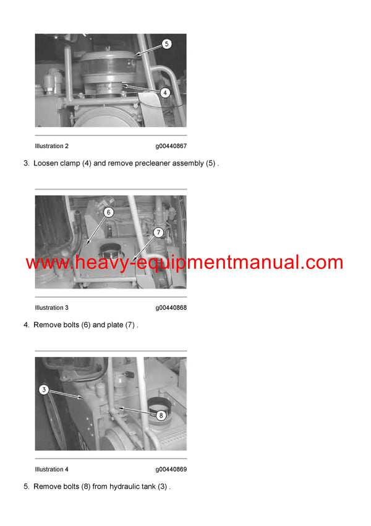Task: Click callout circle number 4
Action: coord(165,92)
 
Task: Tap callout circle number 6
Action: coord(108,212)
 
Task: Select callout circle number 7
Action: coord(158,232)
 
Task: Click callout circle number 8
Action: coord(160,416)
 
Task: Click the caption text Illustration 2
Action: coord(52,146)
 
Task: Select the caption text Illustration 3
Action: coord(52,308)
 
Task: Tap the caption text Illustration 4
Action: coord(52,470)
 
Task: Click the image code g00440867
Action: coord(171,146)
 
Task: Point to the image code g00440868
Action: coord(171,308)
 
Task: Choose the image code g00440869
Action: coord(171,470)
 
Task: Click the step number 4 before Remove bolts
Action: coord(26,325)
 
